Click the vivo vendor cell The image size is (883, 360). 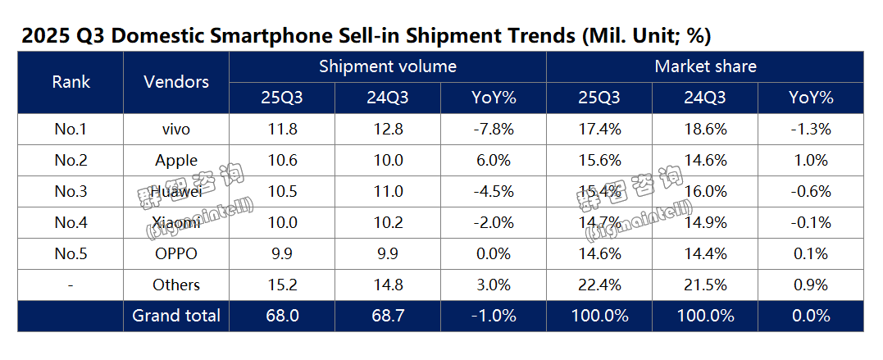pos(176,129)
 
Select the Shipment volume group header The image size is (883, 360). pos(388,66)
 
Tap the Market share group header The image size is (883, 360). pos(705,66)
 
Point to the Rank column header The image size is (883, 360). pos(71,82)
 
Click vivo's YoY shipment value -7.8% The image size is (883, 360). pos(494,129)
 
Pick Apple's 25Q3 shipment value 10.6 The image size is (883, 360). pos(282,160)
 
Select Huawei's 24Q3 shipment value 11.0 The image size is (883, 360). pos(388,191)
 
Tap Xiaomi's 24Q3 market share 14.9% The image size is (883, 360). pos(705,222)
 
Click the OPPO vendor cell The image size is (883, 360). pos(176,253)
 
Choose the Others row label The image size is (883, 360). pos(176,285)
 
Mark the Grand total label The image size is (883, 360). pos(176,316)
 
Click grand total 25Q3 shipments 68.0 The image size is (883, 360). pos(282,316)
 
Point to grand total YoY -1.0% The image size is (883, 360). pos(494,316)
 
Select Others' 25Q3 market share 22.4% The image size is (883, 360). pos(599,285)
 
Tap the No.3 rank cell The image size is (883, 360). pos(71,191)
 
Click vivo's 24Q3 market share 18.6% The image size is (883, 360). pos(705,129)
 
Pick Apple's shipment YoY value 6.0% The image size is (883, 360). pos(494,160)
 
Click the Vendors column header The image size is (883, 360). pos(176,82)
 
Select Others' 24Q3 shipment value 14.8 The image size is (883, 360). pos(388,285)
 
